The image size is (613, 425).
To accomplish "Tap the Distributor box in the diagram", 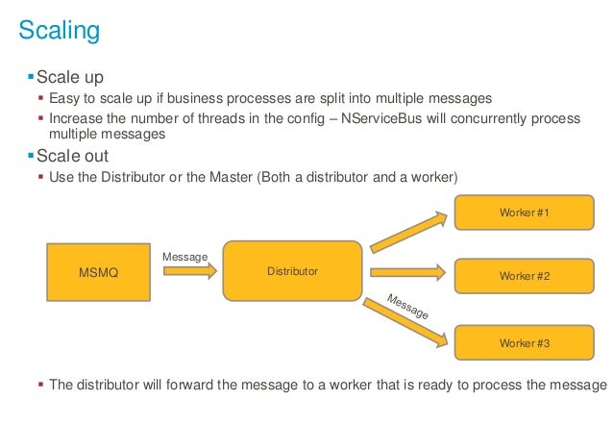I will coord(292,271).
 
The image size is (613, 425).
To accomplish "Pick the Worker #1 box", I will coord(524,212).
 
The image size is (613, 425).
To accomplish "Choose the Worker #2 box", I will coord(524,276).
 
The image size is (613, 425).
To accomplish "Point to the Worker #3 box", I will coord(524,342).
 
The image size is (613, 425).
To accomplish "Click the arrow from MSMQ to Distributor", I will coord(190,272).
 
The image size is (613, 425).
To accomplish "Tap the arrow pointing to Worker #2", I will coord(407,273).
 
